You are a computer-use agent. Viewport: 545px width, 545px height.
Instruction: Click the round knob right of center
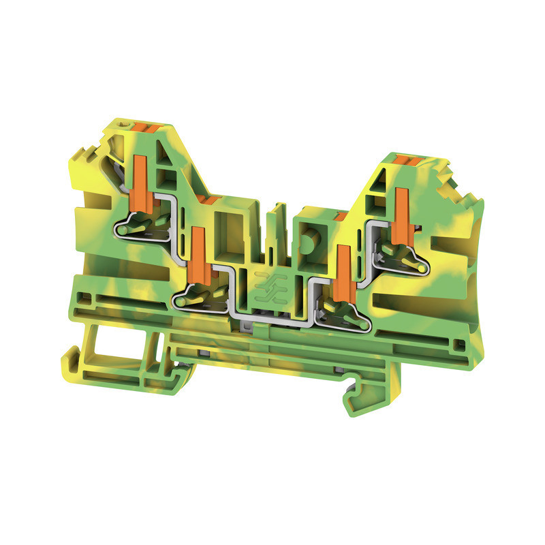tap(308, 241)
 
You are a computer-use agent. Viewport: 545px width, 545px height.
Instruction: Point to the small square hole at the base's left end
tap(83, 297)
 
